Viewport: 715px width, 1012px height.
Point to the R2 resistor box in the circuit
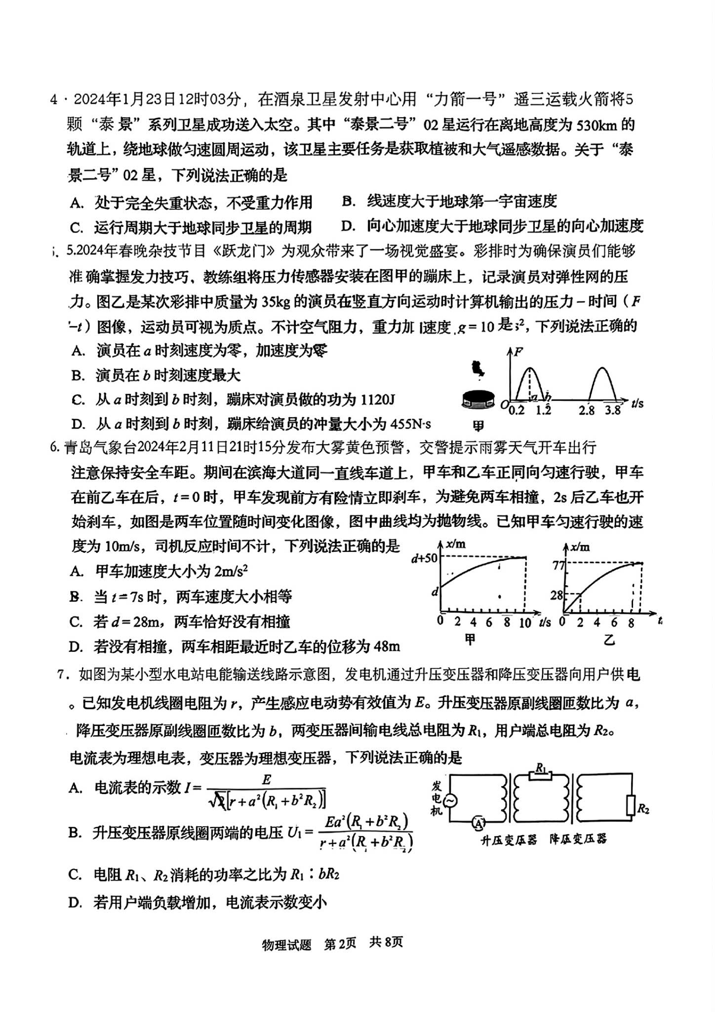630,806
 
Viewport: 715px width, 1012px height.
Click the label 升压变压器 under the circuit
508,840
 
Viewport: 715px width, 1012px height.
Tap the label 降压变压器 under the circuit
578,839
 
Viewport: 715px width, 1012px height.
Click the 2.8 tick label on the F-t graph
587,410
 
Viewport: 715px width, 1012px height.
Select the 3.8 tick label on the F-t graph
612,410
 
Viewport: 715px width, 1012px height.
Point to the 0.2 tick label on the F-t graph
516,410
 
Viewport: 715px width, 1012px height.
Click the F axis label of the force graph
518,352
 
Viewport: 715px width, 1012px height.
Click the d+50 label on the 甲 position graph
425,559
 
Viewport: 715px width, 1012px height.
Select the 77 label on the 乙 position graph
558,564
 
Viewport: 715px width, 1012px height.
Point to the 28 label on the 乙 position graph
556,595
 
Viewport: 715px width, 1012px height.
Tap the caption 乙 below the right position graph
609,641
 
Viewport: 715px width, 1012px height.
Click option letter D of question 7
75,903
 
